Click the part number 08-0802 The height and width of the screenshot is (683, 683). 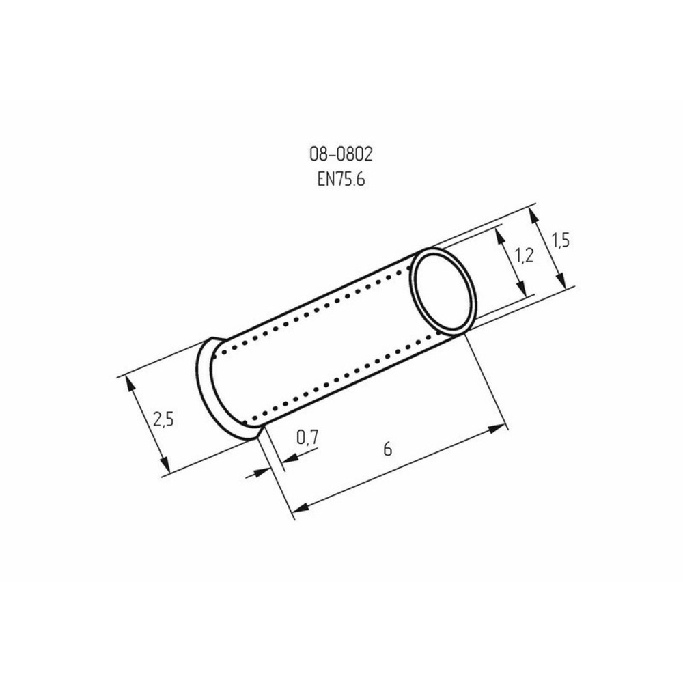tap(341, 154)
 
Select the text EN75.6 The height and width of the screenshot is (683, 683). tap(341, 180)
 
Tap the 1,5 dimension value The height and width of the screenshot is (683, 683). tap(561, 240)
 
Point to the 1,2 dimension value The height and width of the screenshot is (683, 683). tap(524, 255)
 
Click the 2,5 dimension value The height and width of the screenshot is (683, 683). tap(163, 419)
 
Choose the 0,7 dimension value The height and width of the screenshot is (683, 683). tap(307, 437)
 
